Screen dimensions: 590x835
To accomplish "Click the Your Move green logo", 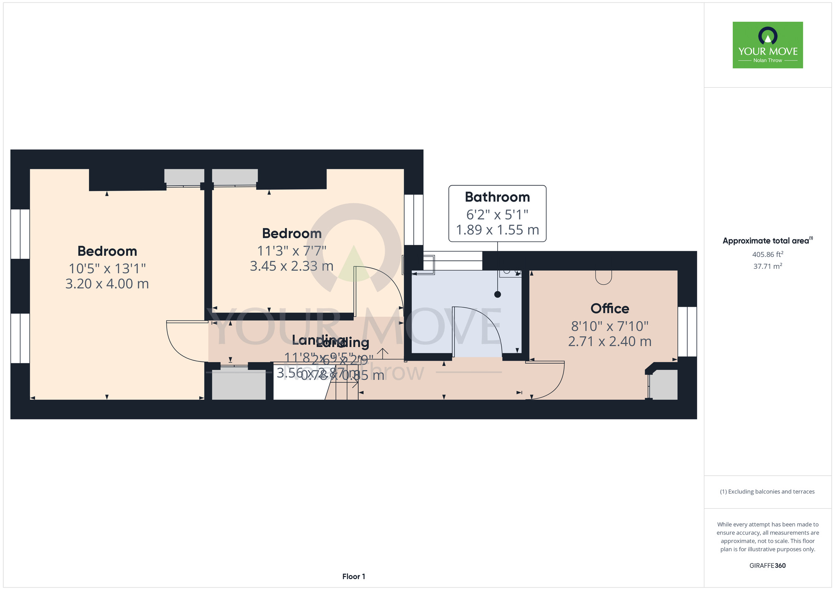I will [767, 45].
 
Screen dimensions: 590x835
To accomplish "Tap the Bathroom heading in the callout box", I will [497, 197].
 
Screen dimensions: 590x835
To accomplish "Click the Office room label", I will [610, 308].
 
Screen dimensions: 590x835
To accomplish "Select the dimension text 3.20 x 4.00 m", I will [107, 284].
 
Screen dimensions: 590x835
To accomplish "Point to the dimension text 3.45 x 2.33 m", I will [291, 266].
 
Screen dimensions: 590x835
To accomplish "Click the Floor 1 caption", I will [354, 576].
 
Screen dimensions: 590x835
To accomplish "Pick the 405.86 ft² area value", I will [767, 254].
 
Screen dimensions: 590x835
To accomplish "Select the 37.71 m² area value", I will [767, 266].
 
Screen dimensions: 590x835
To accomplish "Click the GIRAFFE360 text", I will [767, 565].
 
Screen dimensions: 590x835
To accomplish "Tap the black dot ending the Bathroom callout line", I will [497, 294].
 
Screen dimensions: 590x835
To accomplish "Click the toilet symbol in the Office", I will [603, 277].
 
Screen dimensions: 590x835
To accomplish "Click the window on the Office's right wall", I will [687, 332].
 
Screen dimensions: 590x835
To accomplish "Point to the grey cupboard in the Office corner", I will [664, 384].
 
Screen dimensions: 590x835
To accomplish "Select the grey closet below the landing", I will [239, 383].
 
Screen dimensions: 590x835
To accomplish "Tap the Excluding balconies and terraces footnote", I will [767, 492].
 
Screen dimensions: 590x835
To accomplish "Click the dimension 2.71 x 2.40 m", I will [610, 341].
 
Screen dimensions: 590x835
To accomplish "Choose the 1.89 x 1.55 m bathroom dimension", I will [497, 230].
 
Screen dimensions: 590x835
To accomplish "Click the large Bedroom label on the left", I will [107, 251].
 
